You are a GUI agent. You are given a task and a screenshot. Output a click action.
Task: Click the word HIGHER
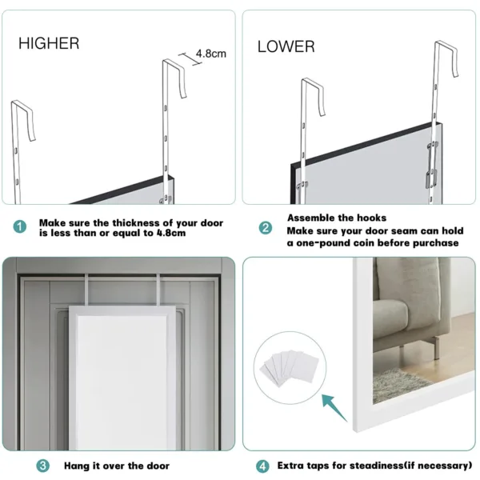click(x=49, y=43)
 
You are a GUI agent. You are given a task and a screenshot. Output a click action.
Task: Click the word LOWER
click(x=286, y=46)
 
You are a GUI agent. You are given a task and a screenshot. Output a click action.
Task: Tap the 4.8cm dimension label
click(x=211, y=54)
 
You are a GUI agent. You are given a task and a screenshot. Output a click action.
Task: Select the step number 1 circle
click(x=20, y=227)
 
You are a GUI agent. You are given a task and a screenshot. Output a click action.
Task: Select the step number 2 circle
click(x=266, y=228)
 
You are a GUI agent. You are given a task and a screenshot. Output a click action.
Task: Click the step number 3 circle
click(x=43, y=466)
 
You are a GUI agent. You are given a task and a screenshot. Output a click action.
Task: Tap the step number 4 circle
click(x=262, y=466)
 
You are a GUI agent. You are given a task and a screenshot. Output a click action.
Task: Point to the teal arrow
click(x=334, y=408)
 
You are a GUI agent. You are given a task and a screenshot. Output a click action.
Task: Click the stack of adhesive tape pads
click(x=290, y=367)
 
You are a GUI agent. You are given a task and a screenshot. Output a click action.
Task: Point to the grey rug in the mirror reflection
click(x=398, y=385)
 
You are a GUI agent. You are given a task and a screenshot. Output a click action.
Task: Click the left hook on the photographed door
click(x=86, y=290)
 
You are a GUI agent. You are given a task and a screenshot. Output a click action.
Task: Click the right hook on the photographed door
click(x=158, y=290)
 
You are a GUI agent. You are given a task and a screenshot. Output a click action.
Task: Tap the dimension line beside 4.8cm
click(x=190, y=59)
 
